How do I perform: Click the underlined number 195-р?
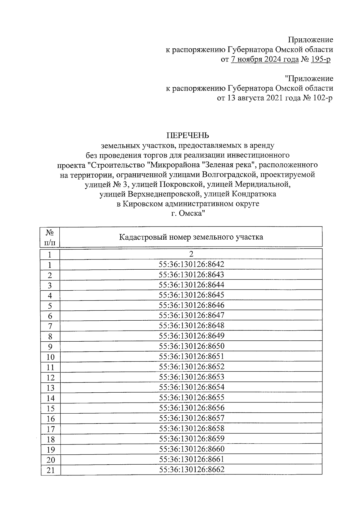point(321,59)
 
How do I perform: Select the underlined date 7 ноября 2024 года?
point(265,59)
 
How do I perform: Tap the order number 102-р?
point(322,98)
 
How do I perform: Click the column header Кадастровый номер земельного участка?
point(191,237)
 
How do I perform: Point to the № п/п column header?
point(50,237)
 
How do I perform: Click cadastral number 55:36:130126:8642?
point(191,265)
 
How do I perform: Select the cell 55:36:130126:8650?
point(191,346)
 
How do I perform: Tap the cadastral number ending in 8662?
point(191,469)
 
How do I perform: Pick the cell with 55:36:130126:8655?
point(191,397)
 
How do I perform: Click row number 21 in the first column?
point(50,470)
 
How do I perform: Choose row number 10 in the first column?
point(50,357)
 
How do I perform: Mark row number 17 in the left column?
point(50,429)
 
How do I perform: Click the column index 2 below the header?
point(191,254)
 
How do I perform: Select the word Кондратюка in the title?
point(254,194)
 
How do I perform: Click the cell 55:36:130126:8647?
point(191,315)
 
